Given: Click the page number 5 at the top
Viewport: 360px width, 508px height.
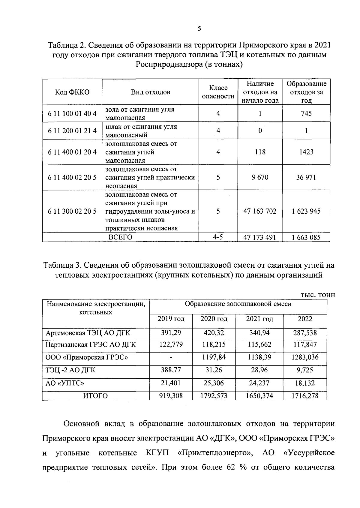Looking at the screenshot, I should [199, 29].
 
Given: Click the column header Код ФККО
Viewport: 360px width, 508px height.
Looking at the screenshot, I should [72, 92].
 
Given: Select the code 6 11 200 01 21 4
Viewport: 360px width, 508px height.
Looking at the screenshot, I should [72, 131].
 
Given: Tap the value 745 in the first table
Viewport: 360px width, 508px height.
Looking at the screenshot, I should [306, 113].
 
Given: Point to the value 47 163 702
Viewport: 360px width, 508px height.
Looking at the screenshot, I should [260, 211].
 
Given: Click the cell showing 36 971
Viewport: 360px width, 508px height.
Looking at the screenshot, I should [306, 177].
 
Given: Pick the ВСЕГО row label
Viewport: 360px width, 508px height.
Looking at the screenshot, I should [120, 237].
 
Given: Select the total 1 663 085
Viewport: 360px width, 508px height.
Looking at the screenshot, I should [306, 238].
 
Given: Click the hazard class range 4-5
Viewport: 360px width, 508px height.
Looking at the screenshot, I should [218, 237].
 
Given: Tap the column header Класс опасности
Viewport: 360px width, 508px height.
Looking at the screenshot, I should [218, 92].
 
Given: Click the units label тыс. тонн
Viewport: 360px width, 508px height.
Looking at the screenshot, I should [317, 295].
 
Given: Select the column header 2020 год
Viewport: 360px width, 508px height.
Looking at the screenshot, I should [214, 319].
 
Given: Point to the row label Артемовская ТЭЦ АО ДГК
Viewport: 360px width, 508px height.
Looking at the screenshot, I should [88, 333].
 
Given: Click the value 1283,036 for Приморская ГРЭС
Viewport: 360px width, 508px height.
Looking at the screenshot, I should [305, 357].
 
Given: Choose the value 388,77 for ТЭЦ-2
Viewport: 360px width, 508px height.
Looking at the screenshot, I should [171, 370].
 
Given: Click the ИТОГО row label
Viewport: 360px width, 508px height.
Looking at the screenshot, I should [95, 396].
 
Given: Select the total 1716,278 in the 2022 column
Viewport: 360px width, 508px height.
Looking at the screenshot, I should [305, 396].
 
